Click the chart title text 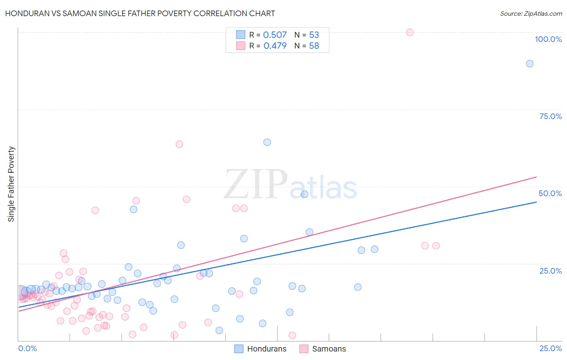(x=140, y=13)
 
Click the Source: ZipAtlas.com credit (x=531, y=13)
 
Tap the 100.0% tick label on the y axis (x=548, y=39)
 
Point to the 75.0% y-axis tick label (x=550, y=116)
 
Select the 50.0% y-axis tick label (x=550, y=193)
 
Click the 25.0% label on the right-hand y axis (x=550, y=271)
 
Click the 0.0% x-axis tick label (x=27, y=348)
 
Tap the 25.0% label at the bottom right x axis (x=550, y=348)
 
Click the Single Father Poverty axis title (x=11, y=184)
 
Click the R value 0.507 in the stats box (x=275, y=35)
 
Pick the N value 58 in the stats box (x=314, y=46)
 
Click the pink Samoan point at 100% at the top (x=410, y=32)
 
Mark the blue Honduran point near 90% (x=529, y=63)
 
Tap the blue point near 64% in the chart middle (x=267, y=142)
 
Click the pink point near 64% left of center (x=179, y=144)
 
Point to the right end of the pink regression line (x=536, y=177)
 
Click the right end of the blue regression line (x=536, y=202)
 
